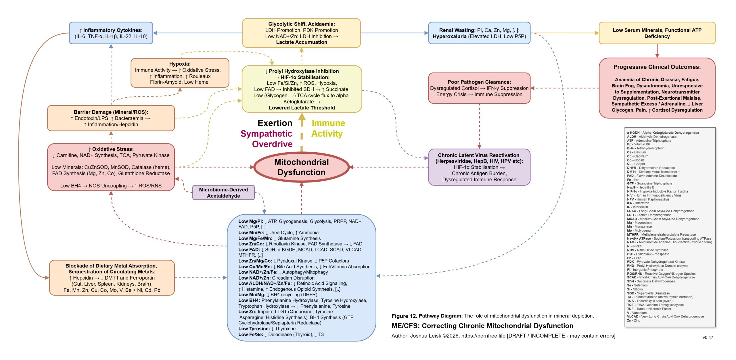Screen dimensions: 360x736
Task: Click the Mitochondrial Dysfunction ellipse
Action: (301, 167)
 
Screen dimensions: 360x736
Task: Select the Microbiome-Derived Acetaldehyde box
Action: (223, 193)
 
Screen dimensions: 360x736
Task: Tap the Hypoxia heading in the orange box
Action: (180, 64)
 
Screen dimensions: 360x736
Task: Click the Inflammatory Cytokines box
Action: (111, 33)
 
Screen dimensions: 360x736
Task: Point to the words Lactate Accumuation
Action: (301, 42)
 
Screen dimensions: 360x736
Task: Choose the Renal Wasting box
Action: (479, 33)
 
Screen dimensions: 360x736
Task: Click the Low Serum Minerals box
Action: (657, 33)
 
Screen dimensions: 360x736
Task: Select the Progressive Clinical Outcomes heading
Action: (657, 67)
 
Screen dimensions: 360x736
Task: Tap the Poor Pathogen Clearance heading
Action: (479, 82)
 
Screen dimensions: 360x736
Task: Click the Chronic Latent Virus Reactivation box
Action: (479, 167)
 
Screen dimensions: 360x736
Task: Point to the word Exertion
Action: (275, 123)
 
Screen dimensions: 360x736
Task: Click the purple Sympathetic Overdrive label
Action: (267, 139)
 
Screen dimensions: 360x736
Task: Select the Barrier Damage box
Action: (111, 118)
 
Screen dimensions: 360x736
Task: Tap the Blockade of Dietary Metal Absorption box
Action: (112, 278)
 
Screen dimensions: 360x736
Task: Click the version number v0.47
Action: (708, 338)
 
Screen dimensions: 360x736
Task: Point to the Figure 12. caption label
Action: (404, 316)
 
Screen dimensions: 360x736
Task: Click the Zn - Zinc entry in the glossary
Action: (633, 320)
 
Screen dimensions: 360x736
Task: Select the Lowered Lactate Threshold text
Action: (302, 108)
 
